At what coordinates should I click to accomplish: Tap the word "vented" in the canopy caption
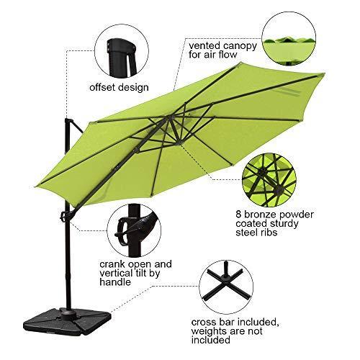[x=204, y=45]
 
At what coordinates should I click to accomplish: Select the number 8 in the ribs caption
[x=239, y=215]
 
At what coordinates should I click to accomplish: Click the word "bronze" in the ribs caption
[x=259, y=215]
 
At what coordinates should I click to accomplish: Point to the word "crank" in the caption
[x=112, y=264]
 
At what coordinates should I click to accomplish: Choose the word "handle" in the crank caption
[x=115, y=282]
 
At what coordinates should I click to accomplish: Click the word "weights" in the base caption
[x=208, y=332]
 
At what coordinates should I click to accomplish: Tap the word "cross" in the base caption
[x=204, y=323]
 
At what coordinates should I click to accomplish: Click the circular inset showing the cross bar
[x=225, y=287]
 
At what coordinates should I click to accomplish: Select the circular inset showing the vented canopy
[x=289, y=38]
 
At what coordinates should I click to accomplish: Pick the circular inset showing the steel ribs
[x=269, y=181]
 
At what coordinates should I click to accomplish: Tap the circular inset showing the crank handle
[x=134, y=231]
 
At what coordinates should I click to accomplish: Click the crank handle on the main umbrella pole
[x=63, y=217]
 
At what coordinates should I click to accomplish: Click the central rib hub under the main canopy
[x=171, y=117]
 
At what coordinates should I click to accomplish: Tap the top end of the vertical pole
[x=67, y=119]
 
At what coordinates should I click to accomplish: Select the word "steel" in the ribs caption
[x=248, y=233]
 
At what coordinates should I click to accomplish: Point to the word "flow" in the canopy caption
[x=228, y=55]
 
